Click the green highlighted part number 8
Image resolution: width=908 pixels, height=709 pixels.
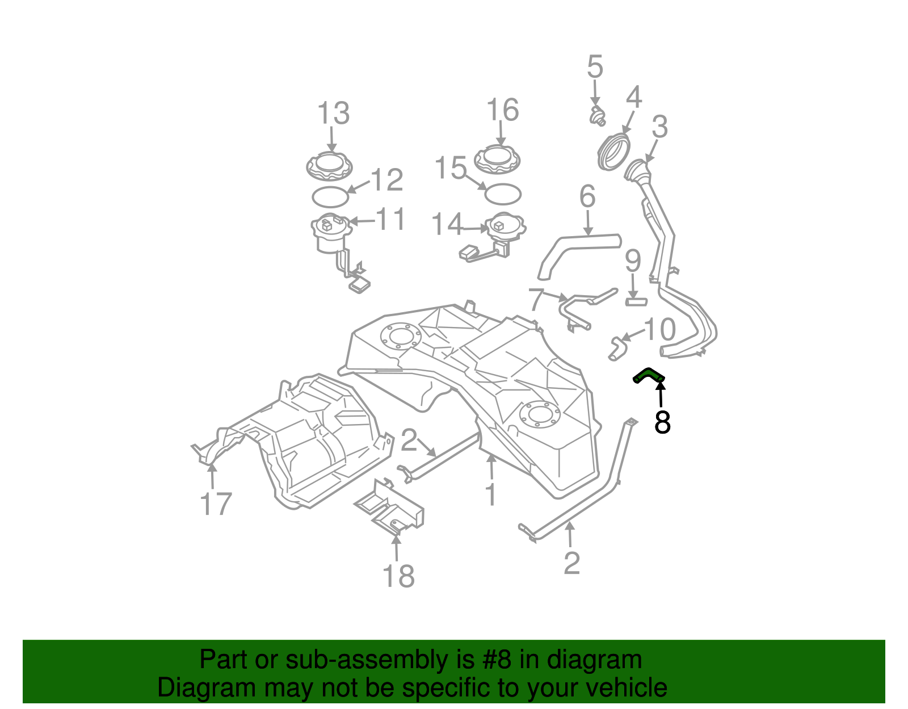[648, 375]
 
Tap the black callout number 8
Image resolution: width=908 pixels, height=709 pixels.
[662, 422]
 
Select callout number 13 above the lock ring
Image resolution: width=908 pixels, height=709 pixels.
[333, 114]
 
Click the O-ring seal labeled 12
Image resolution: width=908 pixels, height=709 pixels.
[330, 197]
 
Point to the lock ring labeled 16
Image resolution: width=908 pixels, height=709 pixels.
[497, 160]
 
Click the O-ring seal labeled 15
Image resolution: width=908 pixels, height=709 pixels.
[502, 194]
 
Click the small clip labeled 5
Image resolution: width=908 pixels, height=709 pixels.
[597, 116]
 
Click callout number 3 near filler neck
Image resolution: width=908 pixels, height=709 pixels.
[659, 127]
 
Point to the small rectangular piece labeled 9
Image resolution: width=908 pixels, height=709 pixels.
[636, 301]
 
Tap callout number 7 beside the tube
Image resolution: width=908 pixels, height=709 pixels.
[536, 300]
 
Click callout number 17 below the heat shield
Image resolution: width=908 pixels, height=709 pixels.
[216, 504]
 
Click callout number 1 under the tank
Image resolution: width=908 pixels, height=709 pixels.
[491, 494]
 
